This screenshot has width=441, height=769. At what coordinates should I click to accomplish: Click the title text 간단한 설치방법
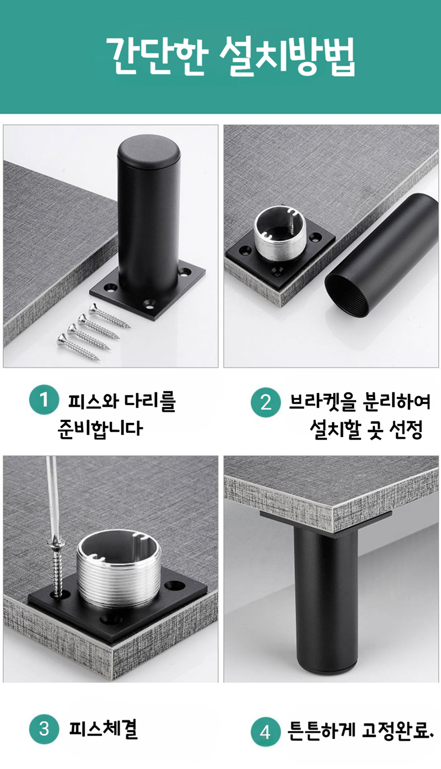[230, 56]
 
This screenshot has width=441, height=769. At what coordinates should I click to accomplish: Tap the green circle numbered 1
[44, 400]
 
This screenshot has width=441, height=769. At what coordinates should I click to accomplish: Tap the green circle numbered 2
[266, 402]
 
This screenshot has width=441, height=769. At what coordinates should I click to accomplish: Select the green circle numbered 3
[44, 729]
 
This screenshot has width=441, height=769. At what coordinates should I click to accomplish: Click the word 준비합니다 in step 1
[100, 428]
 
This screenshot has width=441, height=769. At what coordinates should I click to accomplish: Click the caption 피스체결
[103, 729]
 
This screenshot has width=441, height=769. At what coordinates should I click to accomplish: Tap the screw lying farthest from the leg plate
[78, 347]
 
